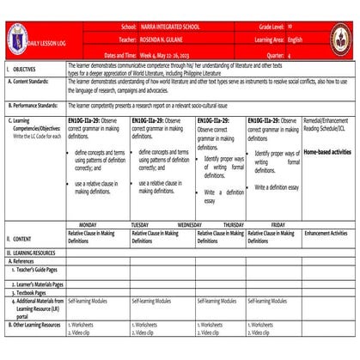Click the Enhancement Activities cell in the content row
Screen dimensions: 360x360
click(326, 233)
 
